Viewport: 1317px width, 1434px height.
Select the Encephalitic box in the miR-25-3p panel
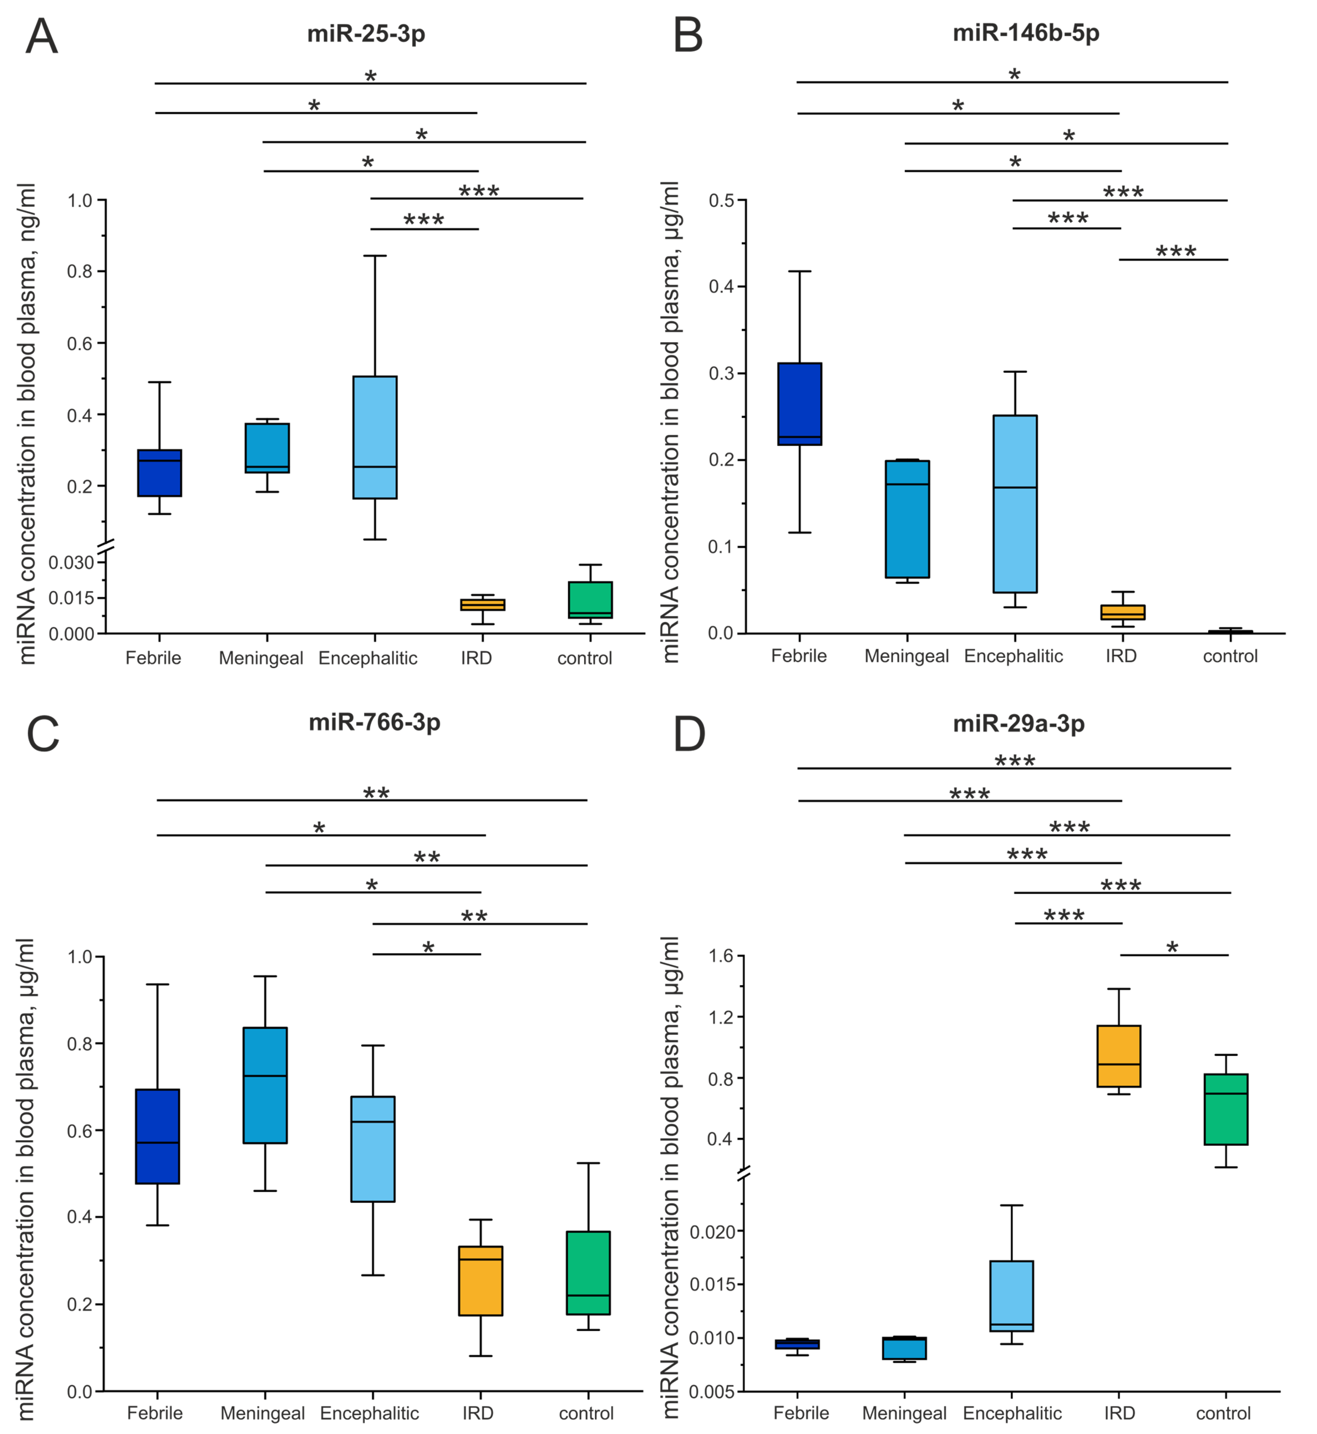(x=375, y=437)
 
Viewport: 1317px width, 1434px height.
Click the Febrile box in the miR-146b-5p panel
(x=800, y=404)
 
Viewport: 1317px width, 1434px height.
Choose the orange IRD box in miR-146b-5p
(x=1122, y=612)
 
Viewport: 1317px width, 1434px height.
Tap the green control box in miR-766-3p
(x=589, y=1273)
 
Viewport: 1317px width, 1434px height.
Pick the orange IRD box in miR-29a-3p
(x=1119, y=1056)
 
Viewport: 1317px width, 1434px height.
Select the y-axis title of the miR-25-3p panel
(x=27, y=424)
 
